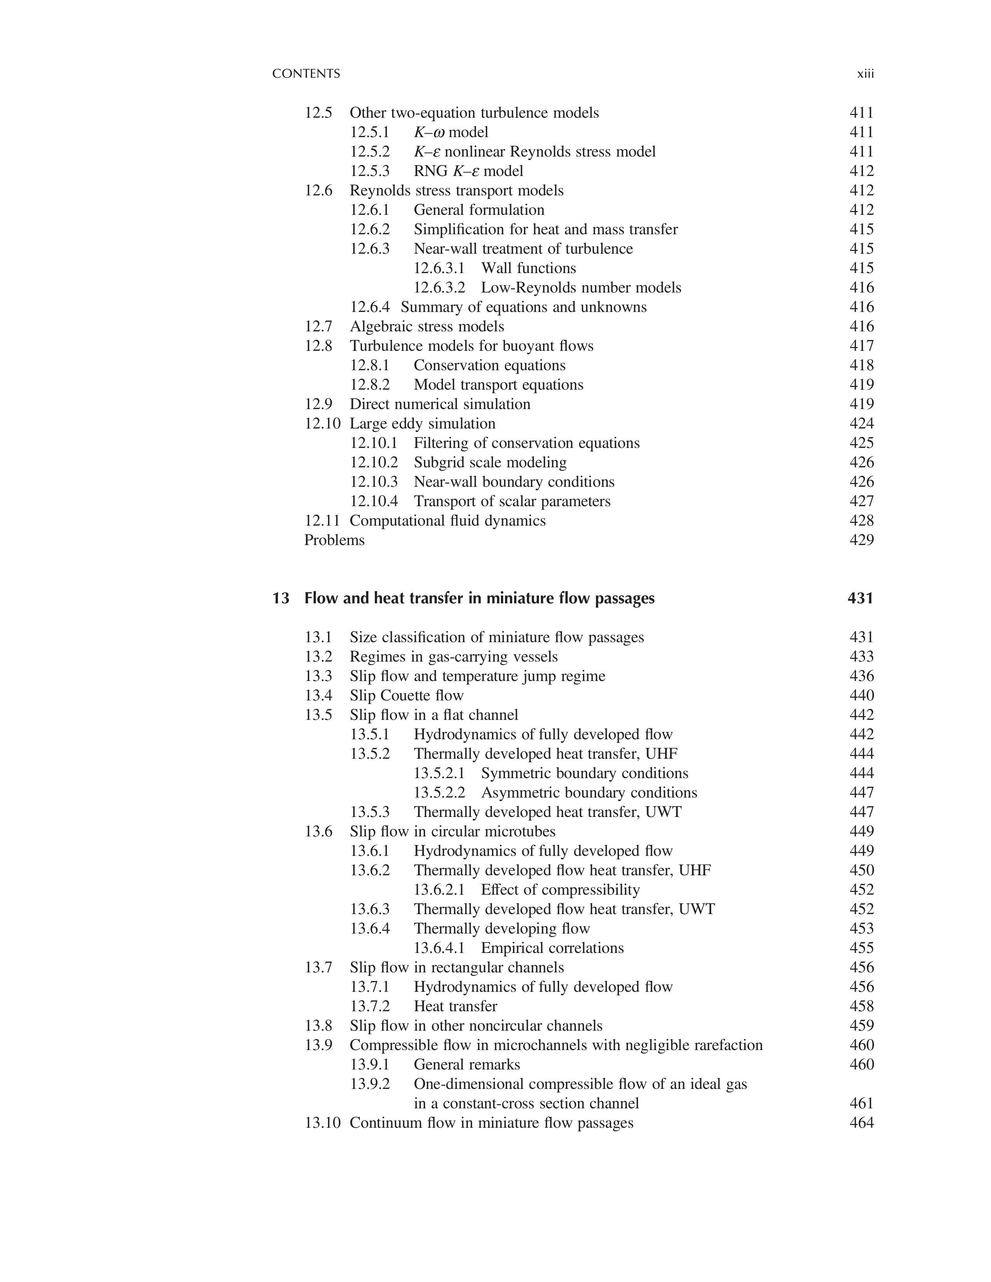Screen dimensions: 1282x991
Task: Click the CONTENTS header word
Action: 306,74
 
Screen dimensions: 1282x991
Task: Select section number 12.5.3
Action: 370,171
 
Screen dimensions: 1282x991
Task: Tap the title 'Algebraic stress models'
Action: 427,326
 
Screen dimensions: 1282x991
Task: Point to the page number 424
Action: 861,423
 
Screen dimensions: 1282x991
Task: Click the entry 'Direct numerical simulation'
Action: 440,404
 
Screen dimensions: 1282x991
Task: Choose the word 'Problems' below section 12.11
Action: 334,540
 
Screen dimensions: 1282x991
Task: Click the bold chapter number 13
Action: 281,598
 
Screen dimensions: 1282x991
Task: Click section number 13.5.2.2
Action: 439,793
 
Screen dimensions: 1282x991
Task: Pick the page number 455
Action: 861,948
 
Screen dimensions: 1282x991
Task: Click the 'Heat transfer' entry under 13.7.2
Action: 455,1006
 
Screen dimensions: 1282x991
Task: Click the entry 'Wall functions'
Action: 529,268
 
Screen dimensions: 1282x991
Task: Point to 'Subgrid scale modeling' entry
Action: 490,463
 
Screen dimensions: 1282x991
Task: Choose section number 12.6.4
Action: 370,307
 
